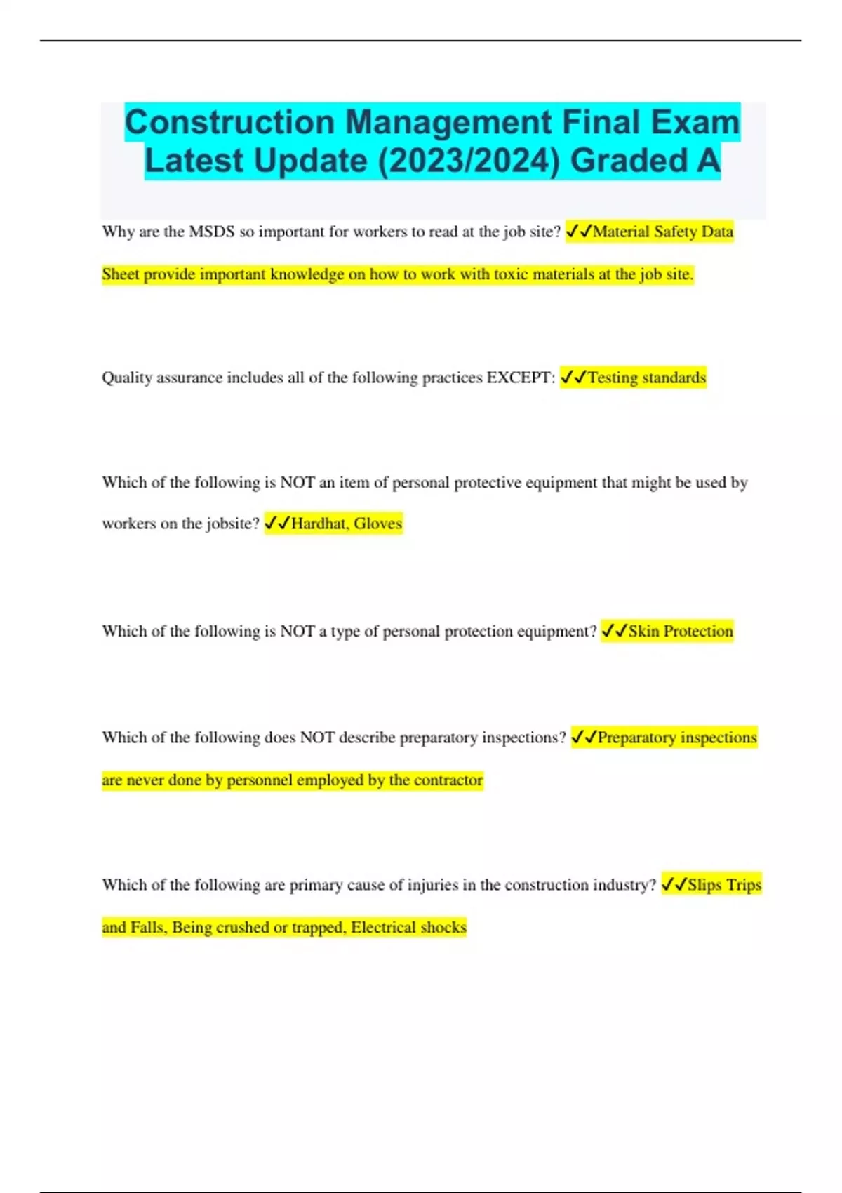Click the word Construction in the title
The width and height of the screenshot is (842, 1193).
[x=229, y=123]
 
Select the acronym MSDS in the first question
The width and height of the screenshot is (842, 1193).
[x=211, y=232]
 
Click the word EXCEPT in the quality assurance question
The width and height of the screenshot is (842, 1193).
[x=519, y=378]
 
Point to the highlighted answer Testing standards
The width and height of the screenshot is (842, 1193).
[x=646, y=378]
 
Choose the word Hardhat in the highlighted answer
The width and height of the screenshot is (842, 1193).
[x=319, y=524]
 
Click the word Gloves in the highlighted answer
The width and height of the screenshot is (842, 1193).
[x=377, y=524]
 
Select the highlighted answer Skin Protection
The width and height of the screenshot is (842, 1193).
[x=680, y=631]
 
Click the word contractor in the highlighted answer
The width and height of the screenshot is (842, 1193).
[x=448, y=780]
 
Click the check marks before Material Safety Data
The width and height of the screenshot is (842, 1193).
[x=579, y=232]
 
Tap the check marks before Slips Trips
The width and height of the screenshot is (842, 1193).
[x=674, y=884]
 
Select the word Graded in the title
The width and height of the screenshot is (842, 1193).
[x=628, y=161]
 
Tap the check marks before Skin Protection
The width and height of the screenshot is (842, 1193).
[x=615, y=631]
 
